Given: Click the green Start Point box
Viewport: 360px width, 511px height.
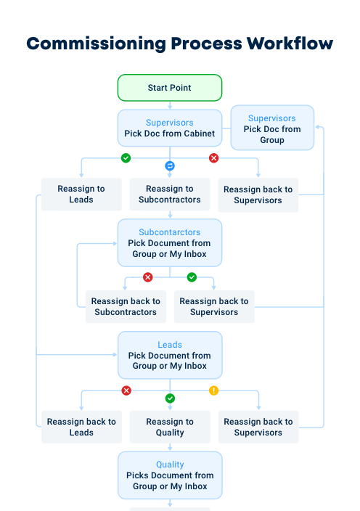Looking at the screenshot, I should tap(170, 88).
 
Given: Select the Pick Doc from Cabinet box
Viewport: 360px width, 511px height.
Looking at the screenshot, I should tap(170, 128).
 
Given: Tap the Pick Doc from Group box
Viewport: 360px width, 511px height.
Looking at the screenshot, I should tap(272, 128).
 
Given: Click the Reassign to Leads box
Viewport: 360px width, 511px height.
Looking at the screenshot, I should tap(81, 195).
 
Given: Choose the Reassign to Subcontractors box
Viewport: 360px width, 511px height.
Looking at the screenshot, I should tap(170, 195).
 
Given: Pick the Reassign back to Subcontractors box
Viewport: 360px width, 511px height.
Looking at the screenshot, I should tap(126, 307).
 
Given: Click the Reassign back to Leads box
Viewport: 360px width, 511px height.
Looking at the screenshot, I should tap(81, 427).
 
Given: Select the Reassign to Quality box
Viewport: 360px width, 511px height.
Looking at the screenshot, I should tap(170, 427).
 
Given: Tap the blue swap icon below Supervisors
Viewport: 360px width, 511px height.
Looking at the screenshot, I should tap(170, 166).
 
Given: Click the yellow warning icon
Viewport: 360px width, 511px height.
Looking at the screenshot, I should tap(213, 391).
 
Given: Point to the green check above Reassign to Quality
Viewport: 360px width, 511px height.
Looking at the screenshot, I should tap(170, 398).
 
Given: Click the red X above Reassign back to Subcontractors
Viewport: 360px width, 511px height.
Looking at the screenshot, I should tap(148, 277).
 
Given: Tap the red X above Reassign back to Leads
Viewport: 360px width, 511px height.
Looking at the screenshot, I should tap(126, 391).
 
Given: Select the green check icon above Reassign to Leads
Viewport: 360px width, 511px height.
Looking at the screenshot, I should tap(126, 158).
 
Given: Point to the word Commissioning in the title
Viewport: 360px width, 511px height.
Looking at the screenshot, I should tap(96, 44).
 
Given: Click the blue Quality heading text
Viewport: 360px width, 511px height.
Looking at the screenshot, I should tap(170, 465).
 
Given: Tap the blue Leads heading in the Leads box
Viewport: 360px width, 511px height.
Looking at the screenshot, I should tap(170, 345).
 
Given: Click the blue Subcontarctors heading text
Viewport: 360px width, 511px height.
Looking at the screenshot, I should tap(170, 232).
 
